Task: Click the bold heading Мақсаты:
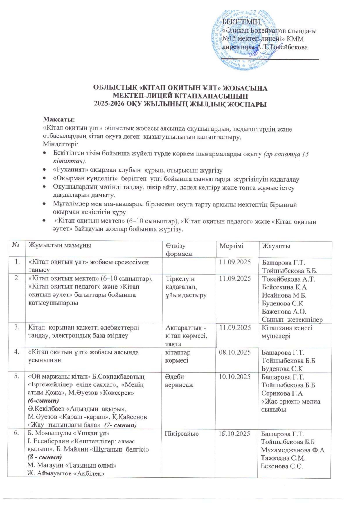click(59, 119)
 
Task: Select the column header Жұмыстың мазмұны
click(60, 246)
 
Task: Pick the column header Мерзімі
click(232, 246)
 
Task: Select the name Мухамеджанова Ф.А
click(292, 450)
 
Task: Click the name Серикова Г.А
click(282, 393)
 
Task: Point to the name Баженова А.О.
click(284, 312)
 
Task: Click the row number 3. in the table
click(17, 327)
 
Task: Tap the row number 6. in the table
click(17, 434)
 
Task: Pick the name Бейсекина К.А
click(284, 287)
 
